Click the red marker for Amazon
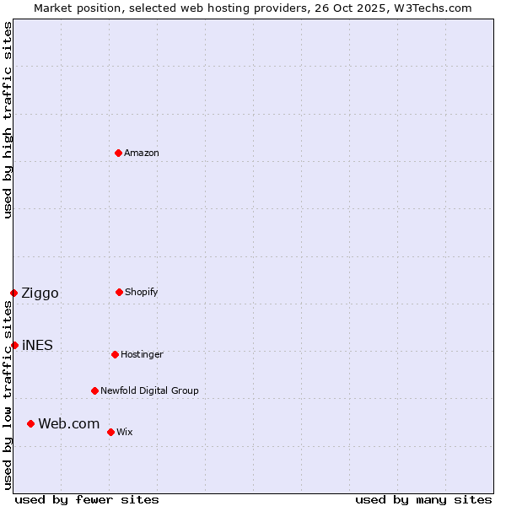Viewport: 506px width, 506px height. [119, 153]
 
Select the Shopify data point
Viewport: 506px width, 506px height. [119, 292]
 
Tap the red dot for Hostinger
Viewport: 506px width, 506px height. [115, 354]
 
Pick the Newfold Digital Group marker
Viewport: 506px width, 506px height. [94, 390]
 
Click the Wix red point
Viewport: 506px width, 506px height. [110, 432]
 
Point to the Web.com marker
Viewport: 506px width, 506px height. [30, 423]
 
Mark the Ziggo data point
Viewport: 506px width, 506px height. [13, 293]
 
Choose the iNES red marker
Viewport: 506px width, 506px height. [14, 345]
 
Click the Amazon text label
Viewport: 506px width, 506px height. [142, 153]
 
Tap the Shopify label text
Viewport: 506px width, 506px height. [142, 292]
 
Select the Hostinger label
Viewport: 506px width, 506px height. [142, 354]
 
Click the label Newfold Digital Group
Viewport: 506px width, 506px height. [149, 390]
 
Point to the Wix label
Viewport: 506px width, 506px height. [125, 432]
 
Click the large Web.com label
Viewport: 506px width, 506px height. [69, 423]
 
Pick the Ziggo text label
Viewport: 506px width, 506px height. [40, 293]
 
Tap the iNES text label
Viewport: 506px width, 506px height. [38, 345]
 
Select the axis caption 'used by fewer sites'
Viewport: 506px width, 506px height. [87, 499]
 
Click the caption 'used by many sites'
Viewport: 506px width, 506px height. [423, 499]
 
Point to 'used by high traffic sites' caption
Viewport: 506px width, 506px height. [8, 120]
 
